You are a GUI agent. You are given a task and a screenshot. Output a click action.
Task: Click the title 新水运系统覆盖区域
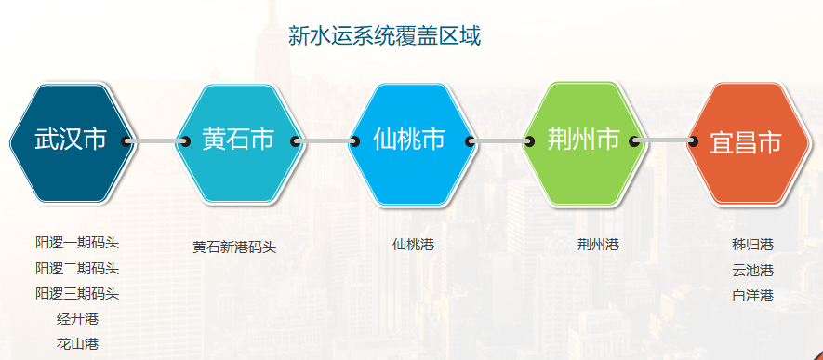pos(384,36)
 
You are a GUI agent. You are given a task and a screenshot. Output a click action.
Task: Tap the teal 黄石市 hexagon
pos(239,143)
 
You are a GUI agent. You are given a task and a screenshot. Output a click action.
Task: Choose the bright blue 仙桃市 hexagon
pos(411,143)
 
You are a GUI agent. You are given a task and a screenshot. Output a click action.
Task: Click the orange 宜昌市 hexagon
pos(748,143)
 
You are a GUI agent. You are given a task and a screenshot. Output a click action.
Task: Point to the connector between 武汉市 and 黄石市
pos(155,141)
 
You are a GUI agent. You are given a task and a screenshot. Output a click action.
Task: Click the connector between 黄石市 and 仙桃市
pos(325,141)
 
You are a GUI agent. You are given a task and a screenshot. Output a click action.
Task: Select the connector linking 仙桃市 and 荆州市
pos(499,141)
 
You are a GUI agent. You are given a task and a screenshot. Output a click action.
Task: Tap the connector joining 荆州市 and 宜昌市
pos(663,141)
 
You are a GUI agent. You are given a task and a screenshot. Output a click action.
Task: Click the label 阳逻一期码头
pos(77,243)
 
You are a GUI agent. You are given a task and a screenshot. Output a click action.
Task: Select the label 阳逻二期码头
pos(77,269)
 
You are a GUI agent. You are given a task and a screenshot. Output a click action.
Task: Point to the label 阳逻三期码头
pos(77,293)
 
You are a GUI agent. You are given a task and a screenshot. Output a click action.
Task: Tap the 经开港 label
pos(77,318)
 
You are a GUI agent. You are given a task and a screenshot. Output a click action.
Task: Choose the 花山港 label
pos(77,344)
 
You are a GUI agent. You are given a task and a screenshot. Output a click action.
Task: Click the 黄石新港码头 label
pos(234,247)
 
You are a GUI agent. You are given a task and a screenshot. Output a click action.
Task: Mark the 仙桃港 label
pos(413,244)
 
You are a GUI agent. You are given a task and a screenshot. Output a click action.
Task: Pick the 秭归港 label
pos(752,244)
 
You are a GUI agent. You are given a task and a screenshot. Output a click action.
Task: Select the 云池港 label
pos(752,271)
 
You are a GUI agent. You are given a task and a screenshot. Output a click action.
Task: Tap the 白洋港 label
pos(752,296)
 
